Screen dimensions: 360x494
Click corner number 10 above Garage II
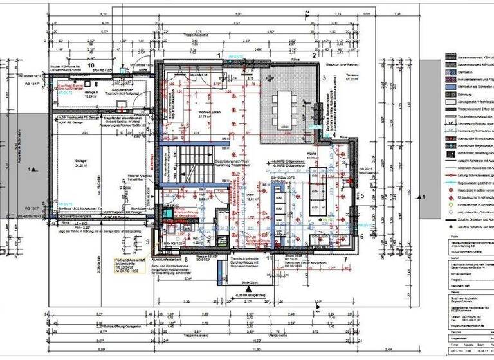(91, 66)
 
